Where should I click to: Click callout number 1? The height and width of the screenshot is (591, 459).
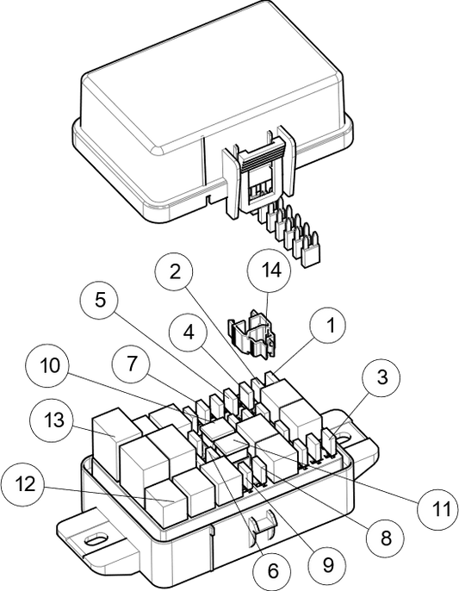(328, 326)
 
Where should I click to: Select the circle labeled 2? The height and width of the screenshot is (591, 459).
(174, 272)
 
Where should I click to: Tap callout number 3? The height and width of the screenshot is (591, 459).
(381, 377)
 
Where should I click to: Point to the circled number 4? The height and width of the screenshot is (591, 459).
(188, 332)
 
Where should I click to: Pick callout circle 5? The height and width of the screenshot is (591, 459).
(100, 301)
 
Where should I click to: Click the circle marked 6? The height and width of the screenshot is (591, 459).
(273, 570)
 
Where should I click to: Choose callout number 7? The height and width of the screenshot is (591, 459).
(132, 363)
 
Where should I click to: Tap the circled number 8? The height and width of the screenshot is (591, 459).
(386, 538)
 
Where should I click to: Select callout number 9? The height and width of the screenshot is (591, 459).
(327, 565)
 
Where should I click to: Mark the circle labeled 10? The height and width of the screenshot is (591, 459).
(47, 365)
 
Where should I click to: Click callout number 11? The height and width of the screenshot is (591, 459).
(440, 508)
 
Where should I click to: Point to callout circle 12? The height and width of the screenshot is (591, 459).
(23, 483)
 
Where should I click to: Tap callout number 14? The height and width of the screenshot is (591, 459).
(270, 270)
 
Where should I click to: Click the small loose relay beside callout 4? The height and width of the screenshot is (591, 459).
(251, 337)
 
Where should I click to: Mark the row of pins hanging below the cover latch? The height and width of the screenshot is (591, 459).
(288, 224)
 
